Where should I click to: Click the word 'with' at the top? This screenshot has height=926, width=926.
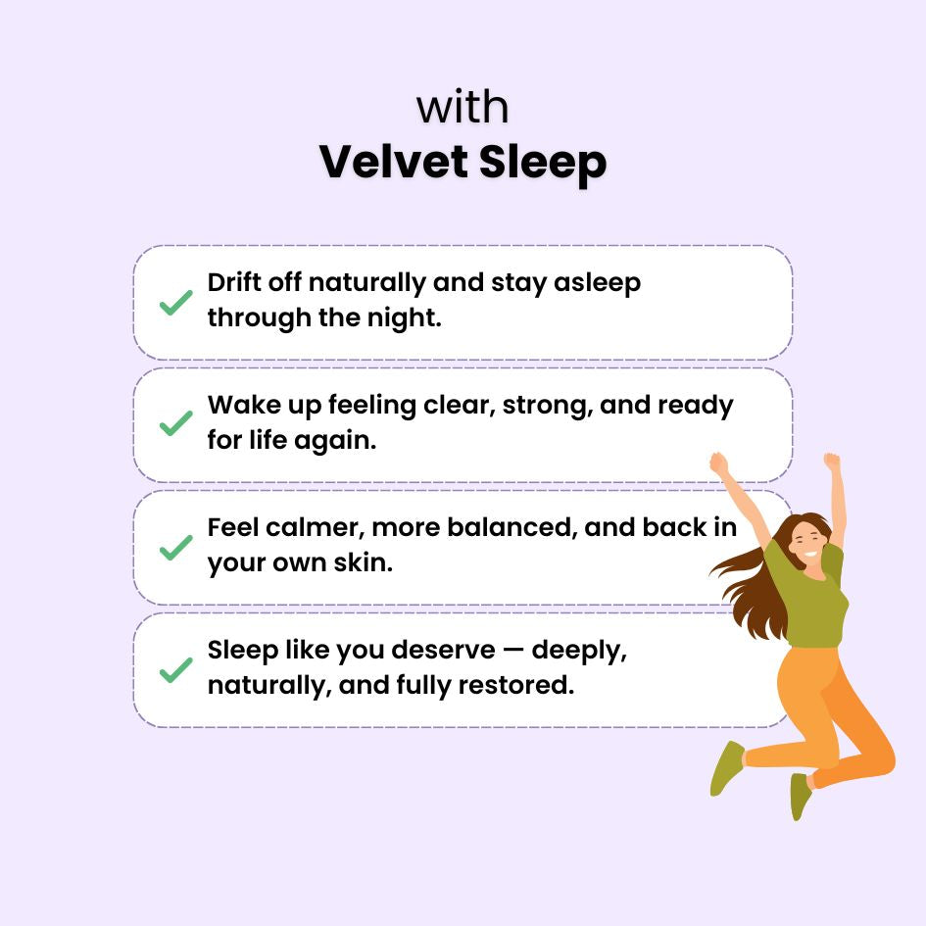463,107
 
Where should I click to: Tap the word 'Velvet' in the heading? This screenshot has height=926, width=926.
395,162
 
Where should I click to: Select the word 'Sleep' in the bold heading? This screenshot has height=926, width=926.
543,163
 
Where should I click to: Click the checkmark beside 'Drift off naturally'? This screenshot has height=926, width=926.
176,303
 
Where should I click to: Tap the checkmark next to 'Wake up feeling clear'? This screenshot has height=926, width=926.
176,423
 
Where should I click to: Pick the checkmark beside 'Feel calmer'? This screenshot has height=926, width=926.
176,548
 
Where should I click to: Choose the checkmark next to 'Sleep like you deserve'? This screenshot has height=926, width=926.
176,670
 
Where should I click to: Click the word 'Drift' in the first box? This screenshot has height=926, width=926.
234,282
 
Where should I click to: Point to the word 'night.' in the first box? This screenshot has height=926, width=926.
404,317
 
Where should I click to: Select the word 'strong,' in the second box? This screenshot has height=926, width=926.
548,406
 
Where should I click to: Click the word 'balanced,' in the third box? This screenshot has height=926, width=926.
512,527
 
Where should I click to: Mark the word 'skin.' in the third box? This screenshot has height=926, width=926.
364,562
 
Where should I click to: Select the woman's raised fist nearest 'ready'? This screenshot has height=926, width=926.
718,463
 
